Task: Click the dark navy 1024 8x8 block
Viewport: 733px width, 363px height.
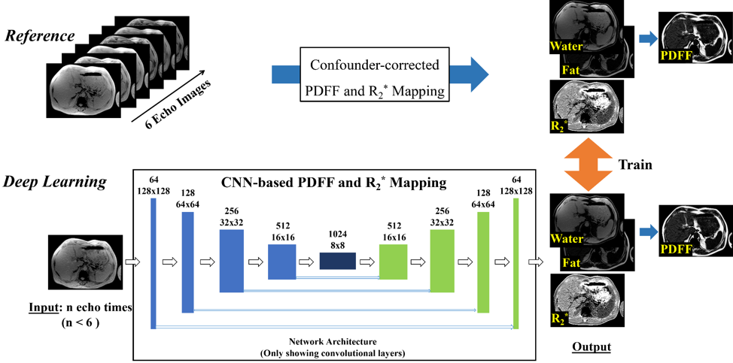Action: [x=337, y=261]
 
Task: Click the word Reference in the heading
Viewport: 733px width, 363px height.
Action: [x=41, y=36]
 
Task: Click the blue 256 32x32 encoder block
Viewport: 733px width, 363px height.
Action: [x=232, y=260]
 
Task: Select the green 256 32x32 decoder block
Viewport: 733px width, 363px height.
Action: [x=443, y=260]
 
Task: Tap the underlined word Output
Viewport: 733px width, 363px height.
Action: [x=590, y=346]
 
